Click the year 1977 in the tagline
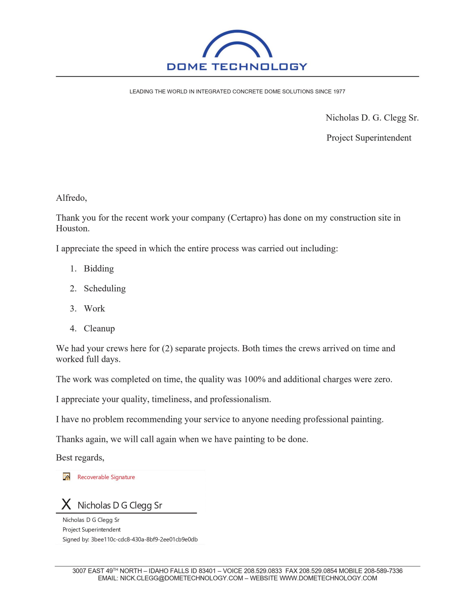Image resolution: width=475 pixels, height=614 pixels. [x=339, y=92]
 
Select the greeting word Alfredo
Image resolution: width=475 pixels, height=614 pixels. [x=71, y=198]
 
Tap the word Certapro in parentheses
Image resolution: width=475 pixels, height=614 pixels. [x=247, y=218]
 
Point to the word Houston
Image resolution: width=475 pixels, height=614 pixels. [x=72, y=229]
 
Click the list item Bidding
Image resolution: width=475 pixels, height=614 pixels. [x=98, y=269]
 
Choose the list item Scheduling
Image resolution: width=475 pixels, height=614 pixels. [x=104, y=289]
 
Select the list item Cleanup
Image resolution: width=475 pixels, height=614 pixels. [x=99, y=329]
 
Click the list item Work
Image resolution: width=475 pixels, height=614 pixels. [x=94, y=309]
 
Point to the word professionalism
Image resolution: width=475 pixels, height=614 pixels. [x=240, y=400]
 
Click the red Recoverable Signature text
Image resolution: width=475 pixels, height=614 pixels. [x=106, y=477]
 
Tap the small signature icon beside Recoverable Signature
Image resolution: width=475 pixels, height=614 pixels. [x=67, y=477]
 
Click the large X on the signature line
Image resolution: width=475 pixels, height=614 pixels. [x=66, y=504]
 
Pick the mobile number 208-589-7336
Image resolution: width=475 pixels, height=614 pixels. [x=383, y=571]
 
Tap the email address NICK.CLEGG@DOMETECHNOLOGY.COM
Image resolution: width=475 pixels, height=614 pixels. [x=181, y=578]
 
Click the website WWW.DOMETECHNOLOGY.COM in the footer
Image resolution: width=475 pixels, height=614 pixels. [x=328, y=578]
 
